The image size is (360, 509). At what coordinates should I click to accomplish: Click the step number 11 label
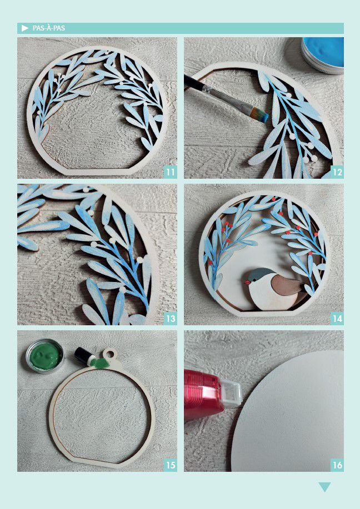[x=170, y=172]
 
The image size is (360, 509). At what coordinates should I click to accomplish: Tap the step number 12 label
[x=337, y=172]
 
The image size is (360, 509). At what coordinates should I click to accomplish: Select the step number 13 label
[x=170, y=319]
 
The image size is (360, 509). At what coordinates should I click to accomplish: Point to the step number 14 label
[x=337, y=319]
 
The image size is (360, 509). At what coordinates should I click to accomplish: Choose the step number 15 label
[x=170, y=465]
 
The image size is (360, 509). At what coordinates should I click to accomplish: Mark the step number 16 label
[x=337, y=465]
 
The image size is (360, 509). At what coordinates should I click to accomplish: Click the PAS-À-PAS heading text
[x=49, y=28]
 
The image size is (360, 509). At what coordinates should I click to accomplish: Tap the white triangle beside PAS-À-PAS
[x=25, y=28]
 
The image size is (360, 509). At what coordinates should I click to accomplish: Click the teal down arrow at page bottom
[x=324, y=487]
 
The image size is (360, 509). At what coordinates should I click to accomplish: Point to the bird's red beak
[x=248, y=282]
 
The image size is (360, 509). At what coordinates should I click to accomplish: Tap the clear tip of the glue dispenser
[x=231, y=395]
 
